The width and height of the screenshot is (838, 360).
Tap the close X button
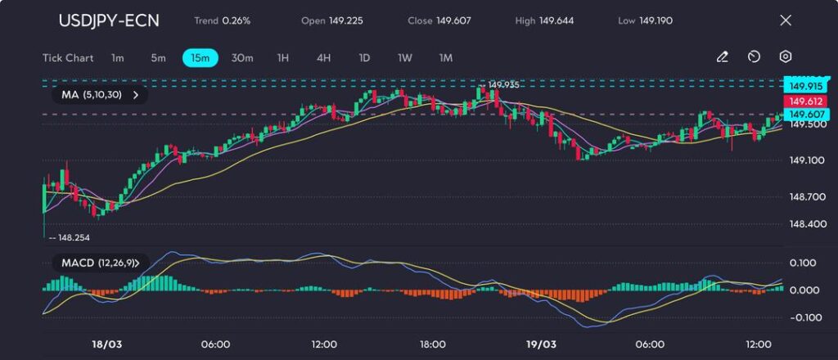[786, 20]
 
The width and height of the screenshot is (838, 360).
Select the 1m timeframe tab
[118, 58]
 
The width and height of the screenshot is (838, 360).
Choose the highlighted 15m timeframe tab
[200, 58]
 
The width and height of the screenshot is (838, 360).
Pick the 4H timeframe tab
[323, 58]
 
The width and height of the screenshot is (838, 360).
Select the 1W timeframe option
[405, 58]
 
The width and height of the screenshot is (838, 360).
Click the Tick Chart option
[68, 58]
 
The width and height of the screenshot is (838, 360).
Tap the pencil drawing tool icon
[722, 57]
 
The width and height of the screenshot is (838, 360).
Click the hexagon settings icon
[785, 57]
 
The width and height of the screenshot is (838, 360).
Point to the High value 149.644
[556, 20]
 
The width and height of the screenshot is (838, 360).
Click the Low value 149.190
[656, 20]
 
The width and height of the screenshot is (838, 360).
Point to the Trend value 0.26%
[236, 20]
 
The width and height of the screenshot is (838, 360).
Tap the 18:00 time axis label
[432, 344]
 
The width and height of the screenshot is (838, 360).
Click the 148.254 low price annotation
[73, 237]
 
